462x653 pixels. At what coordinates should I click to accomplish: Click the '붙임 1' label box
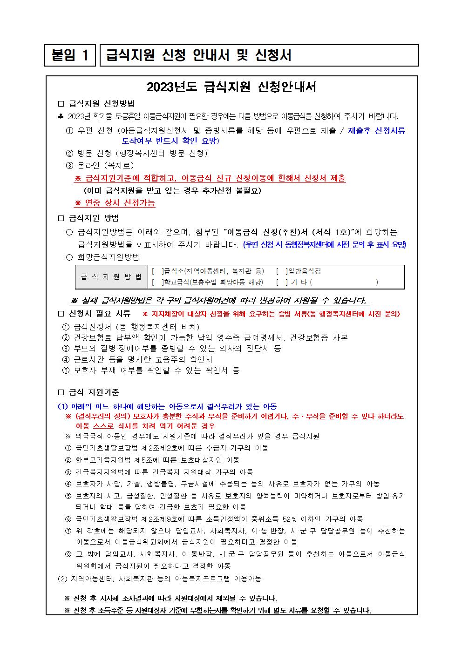pyautogui.click(x=70, y=55)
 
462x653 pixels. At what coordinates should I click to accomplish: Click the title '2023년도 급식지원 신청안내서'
pyautogui.click(x=231, y=87)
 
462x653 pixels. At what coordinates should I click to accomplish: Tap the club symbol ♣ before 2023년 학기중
pyautogui.click(x=61, y=116)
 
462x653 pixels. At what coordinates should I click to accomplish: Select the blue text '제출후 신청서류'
pyautogui.click(x=377, y=131)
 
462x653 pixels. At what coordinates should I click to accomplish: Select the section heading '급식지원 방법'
pyautogui.click(x=94, y=218)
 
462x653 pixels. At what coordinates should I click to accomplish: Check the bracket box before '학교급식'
pyautogui.click(x=157, y=282)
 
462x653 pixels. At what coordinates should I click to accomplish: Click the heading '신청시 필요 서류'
pyautogui.click(x=99, y=314)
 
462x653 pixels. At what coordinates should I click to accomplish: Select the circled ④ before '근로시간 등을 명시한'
pyautogui.click(x=66, y=359)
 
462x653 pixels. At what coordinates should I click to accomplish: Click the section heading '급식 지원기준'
pyautogui.click(x=94, y=392)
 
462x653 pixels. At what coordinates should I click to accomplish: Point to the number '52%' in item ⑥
pyautogui.click(x=290, y=519)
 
